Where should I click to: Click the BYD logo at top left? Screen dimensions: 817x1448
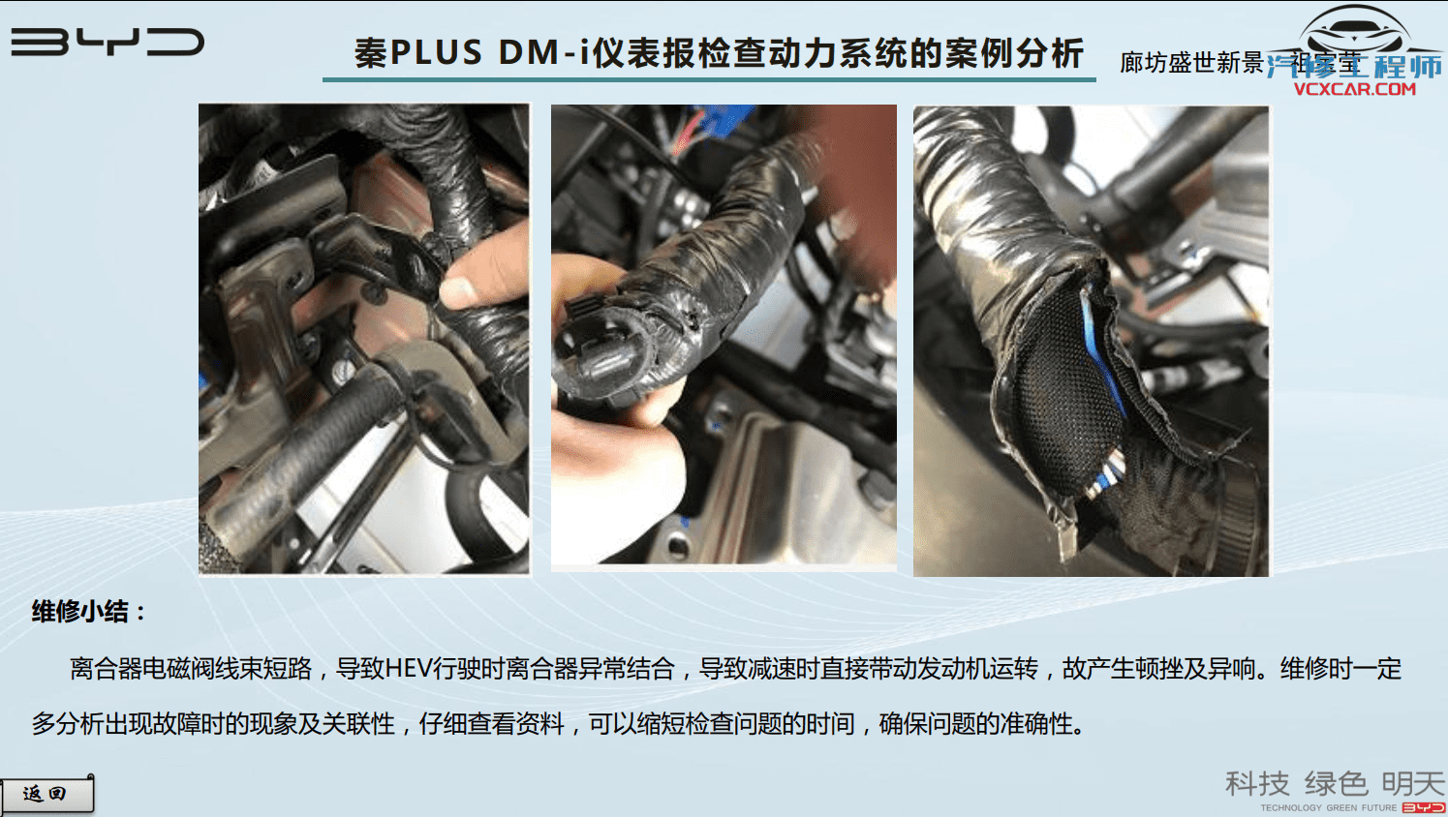click(x=107, y=42)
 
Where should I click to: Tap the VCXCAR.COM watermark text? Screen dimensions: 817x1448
click(x=1354, y=89)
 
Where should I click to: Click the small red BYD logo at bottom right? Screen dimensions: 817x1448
click(x=1423, y=807)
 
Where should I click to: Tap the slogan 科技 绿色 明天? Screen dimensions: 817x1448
click(x=1335, y=782)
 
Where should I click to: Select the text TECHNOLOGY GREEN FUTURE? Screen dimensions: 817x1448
click(x=1328, y=807)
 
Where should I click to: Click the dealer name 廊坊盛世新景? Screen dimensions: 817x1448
click(x=1191, y=63)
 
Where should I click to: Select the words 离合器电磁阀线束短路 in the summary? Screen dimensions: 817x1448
click(x=191, y=669)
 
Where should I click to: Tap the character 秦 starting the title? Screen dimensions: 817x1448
click(x=370, y=53)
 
